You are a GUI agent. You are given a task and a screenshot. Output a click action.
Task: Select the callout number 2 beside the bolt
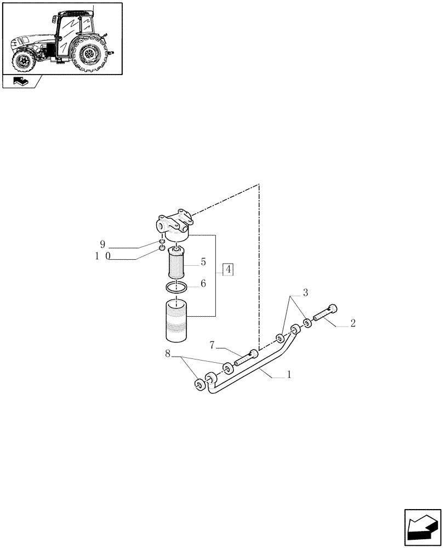353,323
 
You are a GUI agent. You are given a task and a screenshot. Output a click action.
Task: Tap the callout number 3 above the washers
306,293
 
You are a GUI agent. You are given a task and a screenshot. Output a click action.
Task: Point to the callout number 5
203,262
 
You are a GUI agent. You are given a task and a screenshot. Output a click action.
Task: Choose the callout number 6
203,283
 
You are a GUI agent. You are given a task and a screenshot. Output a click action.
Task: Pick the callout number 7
212,345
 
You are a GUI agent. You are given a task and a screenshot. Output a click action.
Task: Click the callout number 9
102,244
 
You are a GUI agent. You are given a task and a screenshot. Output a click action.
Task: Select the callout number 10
104,256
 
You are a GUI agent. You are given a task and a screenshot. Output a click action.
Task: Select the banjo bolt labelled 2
326,313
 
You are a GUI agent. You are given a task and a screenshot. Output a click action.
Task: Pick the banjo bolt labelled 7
246,358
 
